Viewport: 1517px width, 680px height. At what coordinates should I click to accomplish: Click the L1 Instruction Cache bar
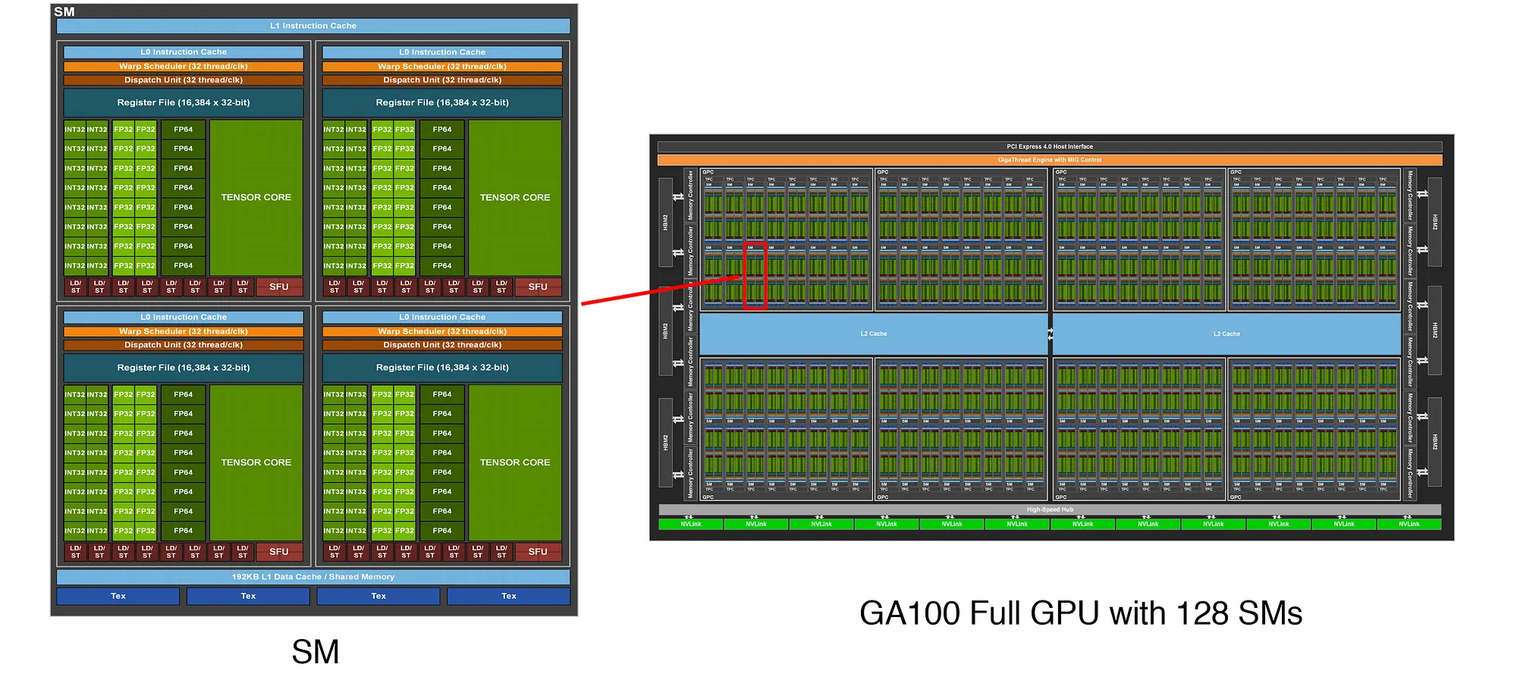coord(313,26)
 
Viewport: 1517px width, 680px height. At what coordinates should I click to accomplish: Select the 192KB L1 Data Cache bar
coord(313,577)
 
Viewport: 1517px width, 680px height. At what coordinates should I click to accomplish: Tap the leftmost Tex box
coord(118,596)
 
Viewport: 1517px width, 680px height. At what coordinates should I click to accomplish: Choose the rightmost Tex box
coord(508,596)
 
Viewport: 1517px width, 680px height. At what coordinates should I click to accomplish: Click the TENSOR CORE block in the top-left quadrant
coord(256,197)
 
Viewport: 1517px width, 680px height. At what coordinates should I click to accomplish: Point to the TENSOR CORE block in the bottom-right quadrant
coord(515,462)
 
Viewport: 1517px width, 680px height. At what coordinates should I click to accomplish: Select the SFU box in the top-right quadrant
coord(538,287)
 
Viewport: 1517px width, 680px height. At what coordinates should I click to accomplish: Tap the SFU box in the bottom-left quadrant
coord(278,552)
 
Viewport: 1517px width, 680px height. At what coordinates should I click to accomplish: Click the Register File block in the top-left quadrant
coord(184,102)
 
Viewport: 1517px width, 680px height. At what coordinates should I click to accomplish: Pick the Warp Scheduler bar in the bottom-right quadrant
coord(442,331)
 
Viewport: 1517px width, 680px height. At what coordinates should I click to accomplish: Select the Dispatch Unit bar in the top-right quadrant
coord(442,80)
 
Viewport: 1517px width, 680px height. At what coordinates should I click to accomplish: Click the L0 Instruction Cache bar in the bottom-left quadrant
coord(184,317)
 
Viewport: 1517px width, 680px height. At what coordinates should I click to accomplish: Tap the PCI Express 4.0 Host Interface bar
coord(1050,146)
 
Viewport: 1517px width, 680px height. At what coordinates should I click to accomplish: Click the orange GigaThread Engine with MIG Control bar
coord(1050,160)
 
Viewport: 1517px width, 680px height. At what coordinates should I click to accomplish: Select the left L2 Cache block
coord(873,334)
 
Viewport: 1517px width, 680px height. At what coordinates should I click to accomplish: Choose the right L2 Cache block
coord(1226,334)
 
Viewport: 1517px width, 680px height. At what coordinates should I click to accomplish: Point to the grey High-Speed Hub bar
coord(1050,509)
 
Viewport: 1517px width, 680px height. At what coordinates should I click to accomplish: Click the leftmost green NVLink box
coord(691,524)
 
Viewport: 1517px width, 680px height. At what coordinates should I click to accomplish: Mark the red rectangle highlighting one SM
coord(755,275)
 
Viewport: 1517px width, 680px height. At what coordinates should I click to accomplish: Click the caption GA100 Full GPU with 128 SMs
coord(1080,613)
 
